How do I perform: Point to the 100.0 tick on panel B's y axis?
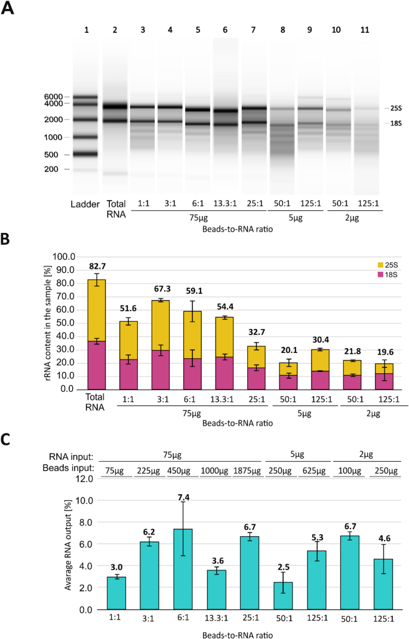(x=60, y=256)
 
